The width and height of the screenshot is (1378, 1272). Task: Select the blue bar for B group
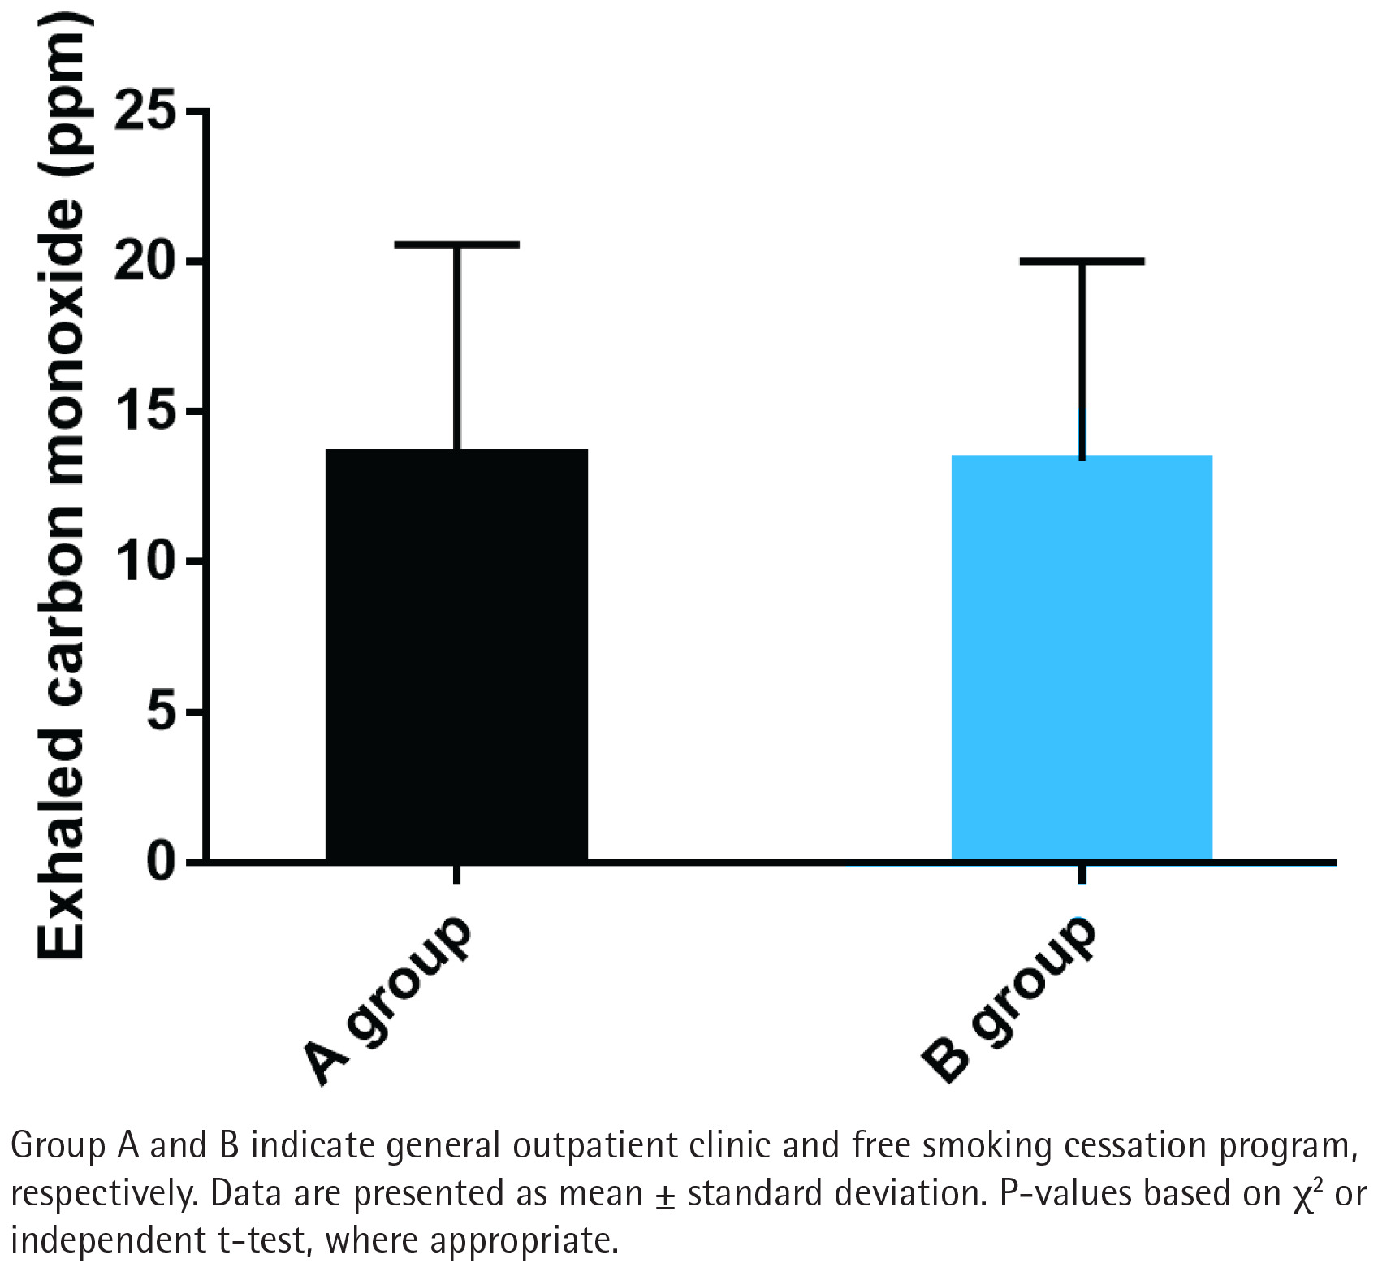(x=1082, y=658)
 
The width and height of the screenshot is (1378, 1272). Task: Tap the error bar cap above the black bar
(x=456, y=244)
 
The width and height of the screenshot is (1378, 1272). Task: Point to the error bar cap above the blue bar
(x=1082, y=262)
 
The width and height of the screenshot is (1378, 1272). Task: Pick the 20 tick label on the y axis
(x=146, y=261)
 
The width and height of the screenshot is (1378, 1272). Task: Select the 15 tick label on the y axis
(x=146, y=411)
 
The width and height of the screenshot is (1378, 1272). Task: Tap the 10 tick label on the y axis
(x=146, y=561)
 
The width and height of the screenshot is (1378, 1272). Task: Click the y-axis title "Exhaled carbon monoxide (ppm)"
(x=61, y=487)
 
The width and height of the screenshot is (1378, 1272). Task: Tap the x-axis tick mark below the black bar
(x=456, y=874)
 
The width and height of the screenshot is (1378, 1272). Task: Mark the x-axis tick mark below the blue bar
(x=1082, y=874)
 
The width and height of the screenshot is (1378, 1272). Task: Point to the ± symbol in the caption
(x=665, y=1195)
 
